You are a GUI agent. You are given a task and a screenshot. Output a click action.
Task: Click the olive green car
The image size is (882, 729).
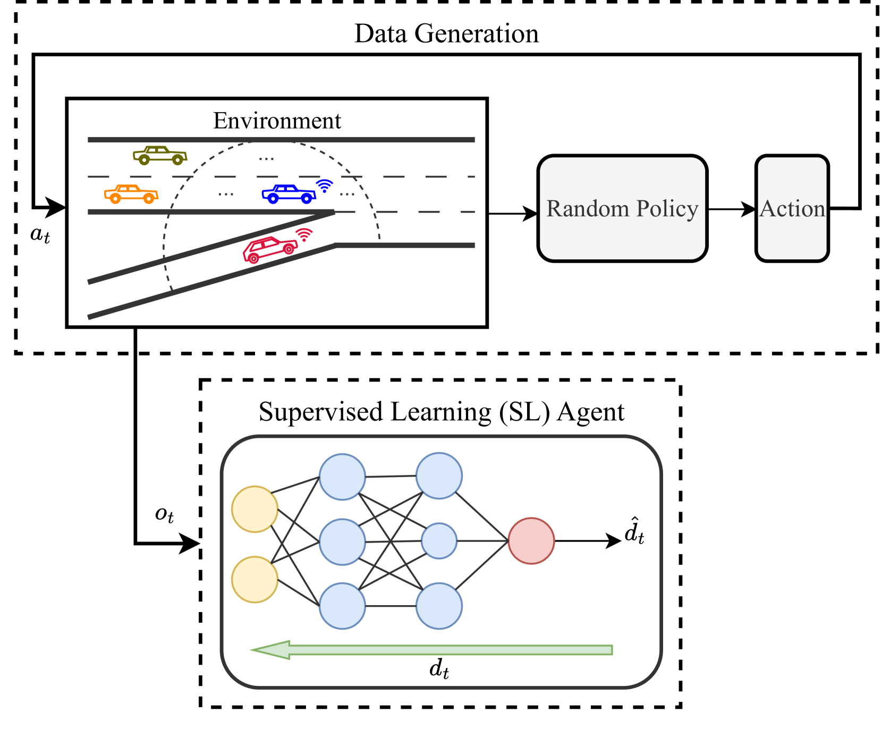click(159, 155)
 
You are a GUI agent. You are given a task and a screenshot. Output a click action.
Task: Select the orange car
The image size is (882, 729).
click(131, 194)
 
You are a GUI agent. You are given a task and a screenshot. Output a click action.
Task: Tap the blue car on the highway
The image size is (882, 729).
click(289, 194)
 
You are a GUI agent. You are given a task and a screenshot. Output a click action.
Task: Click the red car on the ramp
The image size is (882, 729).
click(270, 249)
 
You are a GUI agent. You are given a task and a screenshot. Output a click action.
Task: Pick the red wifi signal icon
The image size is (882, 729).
click(304, 235)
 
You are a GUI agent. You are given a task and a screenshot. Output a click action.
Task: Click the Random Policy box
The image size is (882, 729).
click(622, 208)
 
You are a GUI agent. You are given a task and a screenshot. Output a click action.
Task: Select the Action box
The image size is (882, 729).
click(792, 208)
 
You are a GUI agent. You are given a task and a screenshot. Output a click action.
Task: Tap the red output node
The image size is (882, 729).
click(531, 540)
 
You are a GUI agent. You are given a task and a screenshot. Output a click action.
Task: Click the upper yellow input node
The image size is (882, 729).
click(255, 509)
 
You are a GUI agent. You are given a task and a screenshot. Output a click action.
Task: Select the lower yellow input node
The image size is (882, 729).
click(255, 579)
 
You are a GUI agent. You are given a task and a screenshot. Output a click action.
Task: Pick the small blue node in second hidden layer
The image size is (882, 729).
click(439, 540)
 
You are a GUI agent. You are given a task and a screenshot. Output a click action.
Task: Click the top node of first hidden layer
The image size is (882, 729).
click(342, 477)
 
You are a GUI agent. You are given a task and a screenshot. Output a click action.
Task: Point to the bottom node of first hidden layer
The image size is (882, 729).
click(342, 606)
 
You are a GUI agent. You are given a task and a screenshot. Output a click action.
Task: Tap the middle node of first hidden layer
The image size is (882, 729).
click(342, 541)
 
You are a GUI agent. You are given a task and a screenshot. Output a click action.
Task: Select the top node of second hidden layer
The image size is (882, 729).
click(439, 476)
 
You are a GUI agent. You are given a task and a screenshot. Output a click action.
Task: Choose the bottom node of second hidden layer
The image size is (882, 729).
click(439, 606)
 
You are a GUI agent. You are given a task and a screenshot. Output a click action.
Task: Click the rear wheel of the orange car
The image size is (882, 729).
click(115, 199)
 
